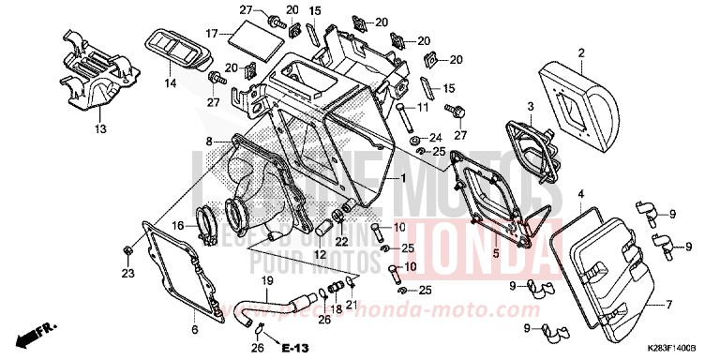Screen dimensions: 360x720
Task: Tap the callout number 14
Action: tap(172, 83)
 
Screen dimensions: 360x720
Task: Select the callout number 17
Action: tap(213, 34)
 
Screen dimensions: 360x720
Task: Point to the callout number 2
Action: tap(581, 52)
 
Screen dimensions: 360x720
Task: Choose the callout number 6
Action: tap(194, 329)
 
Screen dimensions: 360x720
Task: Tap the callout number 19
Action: tap(266, 281)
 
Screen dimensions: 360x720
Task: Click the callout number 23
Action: tap(127, 273)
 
